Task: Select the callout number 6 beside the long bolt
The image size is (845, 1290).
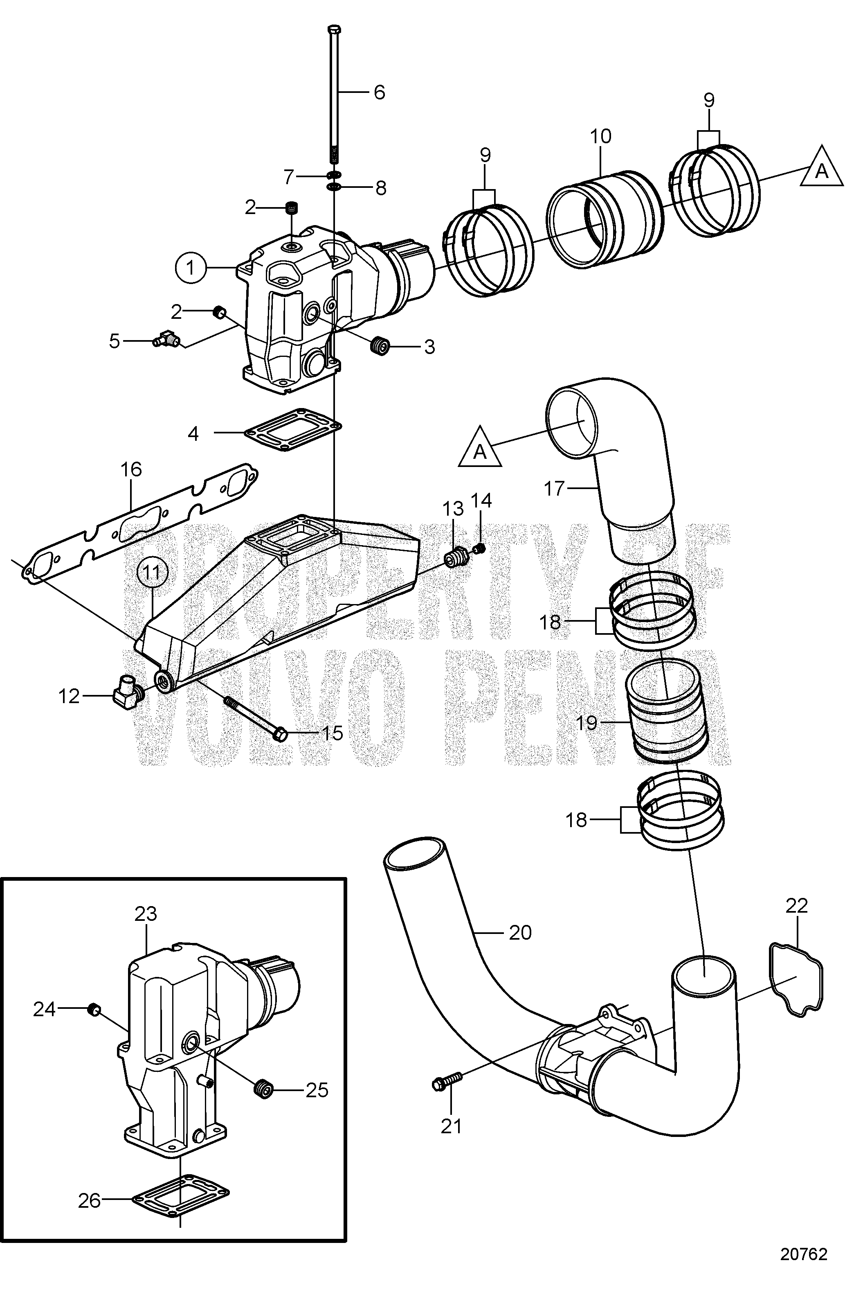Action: [x=379, y=92]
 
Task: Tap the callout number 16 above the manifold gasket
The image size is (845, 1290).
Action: [x=130, y=469]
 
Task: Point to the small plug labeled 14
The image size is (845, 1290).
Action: [x=479, y=550]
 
